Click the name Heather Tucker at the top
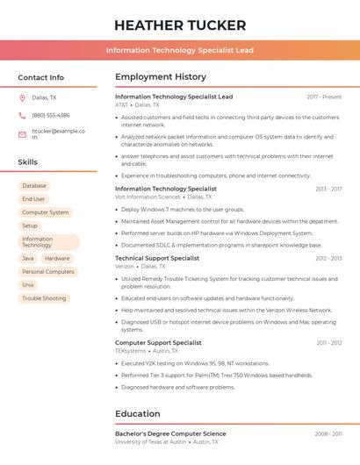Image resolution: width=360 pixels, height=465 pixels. [x=180, y=25]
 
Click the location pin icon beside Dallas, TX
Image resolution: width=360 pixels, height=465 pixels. [x=22, y=98]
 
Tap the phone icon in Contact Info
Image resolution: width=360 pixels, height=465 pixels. [x=22, y=116]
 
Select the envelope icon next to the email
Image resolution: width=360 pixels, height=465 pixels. [x=22, y=134]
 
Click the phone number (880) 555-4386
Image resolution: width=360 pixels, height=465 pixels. [x=50, y=116]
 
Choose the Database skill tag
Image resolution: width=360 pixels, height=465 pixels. [x=34, y=186]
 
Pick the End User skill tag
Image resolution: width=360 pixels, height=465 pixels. [x=33, y=199]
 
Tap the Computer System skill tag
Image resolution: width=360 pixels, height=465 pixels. [x=45, y=212]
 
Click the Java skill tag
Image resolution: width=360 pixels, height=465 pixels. [x=28, y=259]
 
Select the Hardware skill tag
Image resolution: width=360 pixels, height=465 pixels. [x=57, y=259]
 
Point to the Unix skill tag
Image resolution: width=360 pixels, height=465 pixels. [x=28, y=285]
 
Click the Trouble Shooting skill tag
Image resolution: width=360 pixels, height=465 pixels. [x=44, y=298]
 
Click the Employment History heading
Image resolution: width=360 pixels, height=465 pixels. [x=161, y=77]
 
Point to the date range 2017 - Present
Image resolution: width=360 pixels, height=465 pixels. [x=324, y=97]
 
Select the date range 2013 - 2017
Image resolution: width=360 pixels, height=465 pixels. [x=328, y=189]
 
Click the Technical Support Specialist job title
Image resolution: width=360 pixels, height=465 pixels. [x=157, y=259]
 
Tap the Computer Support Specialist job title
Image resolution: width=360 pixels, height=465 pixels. [x=158, y=343]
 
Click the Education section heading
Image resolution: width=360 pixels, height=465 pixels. [x=138, y=414]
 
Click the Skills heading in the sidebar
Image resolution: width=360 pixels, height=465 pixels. [x=28, y=162]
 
